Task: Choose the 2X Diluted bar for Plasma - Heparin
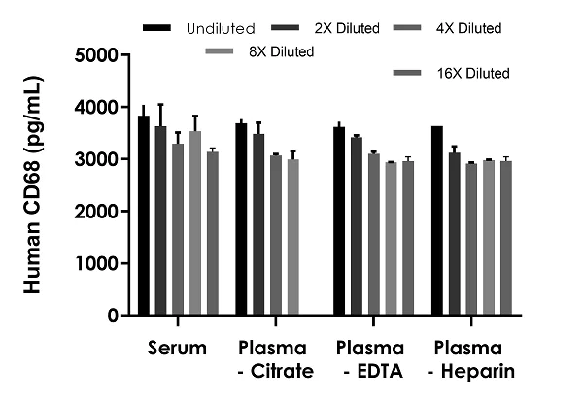coord(455,234)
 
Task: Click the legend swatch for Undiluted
coord(155,27)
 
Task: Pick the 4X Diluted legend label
coord(469,28)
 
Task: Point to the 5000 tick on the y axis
coord(124,54)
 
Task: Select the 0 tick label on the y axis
coord(113,316)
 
